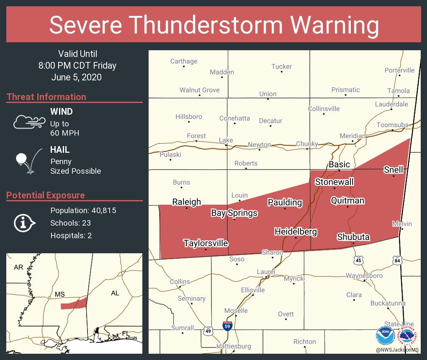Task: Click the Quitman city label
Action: click(x=347, y=201)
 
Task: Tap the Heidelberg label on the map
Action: click(x=296, y=232)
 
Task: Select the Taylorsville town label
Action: click(x=206, y=243)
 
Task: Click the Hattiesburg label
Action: click(x=234, y=346)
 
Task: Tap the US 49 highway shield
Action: click(x=208, y=331)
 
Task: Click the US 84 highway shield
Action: click(x=396, y=260)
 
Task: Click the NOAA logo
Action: click(x=386, y=335)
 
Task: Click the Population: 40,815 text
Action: click(x=83, y=210)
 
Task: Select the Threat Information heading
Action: click(x=46, y=97)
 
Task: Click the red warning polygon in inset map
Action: click(x=74, y=303)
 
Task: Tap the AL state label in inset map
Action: click(x=115, y=293)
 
